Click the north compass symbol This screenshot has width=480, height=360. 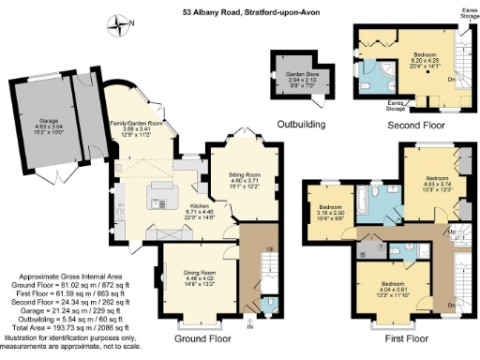tap(120, 22)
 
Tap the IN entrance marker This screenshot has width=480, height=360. tap(249, 326)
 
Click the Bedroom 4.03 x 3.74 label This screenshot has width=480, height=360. tap(434, 182)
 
